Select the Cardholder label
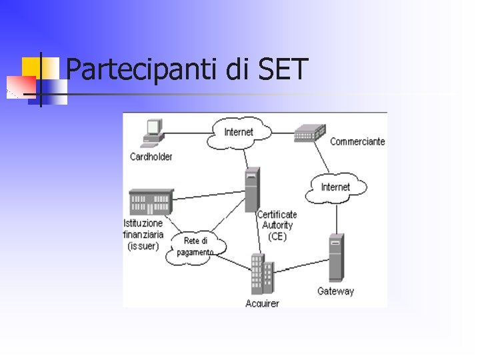(151, 157)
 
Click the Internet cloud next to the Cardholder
(239, 132)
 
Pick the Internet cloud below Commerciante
(335, 187)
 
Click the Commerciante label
(357, 141)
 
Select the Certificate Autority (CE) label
(277, 225)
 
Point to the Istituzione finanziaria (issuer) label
(143, 234)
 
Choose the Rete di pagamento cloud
(196, 246)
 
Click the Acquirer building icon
(262, 275)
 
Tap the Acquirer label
(262, 304)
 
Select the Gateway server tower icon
(336, 259)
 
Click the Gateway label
(335, 291)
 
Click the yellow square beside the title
(31, 67)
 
